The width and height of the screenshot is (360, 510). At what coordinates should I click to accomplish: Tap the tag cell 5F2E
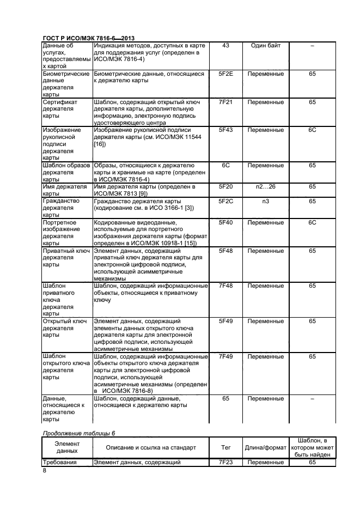point(225,74)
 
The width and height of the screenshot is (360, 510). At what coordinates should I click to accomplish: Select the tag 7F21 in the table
point(225,102)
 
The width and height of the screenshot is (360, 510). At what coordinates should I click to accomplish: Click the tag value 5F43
point(225,130)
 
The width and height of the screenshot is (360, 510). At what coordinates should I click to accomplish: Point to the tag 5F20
point(225,187)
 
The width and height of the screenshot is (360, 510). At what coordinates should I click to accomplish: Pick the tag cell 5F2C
point(225,201)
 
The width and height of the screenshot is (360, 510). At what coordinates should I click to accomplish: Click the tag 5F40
point(225,222)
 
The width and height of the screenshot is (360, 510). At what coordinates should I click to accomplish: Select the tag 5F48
point(225,251)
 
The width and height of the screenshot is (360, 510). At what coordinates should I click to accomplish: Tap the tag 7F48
point(225,286)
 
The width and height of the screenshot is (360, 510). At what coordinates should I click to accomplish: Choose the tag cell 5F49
point(225,321)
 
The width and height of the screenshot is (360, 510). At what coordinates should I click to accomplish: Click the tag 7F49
point(225,356)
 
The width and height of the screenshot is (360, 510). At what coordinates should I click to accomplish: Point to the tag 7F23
point(225,462)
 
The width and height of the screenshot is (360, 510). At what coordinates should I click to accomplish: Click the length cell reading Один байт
point(265,45)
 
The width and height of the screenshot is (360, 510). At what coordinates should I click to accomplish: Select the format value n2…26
point(265,187)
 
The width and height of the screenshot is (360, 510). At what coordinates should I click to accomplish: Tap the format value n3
point(265,201)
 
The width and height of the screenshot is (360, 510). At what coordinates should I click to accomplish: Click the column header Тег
point(225,447)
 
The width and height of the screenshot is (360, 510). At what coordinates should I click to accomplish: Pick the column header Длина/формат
point(265,447)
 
